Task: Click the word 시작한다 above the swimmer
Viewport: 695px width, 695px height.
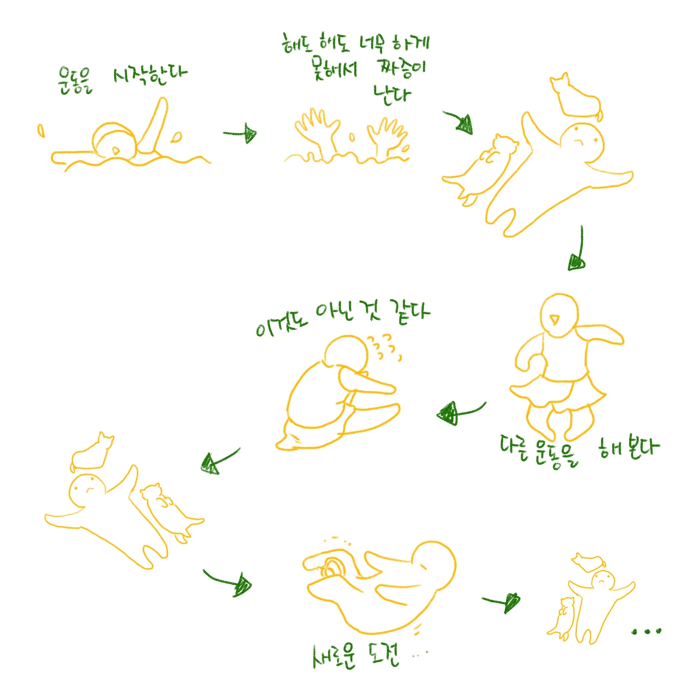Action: pos(150,76)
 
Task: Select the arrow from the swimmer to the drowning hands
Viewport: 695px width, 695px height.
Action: pos(240,134)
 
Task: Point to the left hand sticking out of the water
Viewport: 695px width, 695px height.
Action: pos(318,130)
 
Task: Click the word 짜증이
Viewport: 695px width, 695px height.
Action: pos(401,68)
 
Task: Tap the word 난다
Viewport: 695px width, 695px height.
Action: pos(392,95)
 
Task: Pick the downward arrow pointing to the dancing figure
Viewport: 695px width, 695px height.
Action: pos(578,249)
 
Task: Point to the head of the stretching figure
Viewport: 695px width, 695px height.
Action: pos(347,354)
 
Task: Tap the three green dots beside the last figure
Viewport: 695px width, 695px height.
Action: pos(647,631)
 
